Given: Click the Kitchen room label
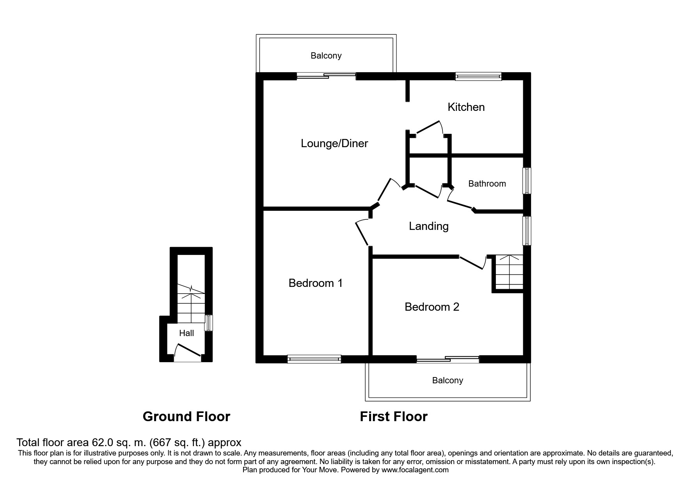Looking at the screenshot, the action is point(466,107).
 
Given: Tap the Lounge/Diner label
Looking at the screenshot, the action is point(334,143).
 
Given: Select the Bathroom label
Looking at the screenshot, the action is point(487,183).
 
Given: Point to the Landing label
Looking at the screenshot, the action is point(428,226).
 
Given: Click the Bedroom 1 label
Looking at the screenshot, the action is point(316,283).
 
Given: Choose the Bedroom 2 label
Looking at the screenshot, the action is point(432,307).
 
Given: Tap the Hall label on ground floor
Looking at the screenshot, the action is point(187,333).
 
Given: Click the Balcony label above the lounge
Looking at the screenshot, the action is point(326,56).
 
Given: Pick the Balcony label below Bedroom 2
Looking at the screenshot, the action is point(448,381).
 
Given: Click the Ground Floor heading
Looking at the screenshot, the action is point(187,417).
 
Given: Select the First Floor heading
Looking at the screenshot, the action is point(394,417).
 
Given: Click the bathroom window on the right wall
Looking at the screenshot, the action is point(527,181).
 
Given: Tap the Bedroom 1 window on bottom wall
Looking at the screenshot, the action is point(314,359).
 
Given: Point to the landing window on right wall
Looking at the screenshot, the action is point(527,231).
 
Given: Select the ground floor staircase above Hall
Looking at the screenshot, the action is point(191,304).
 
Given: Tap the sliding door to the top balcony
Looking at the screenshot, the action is point(326,76).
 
